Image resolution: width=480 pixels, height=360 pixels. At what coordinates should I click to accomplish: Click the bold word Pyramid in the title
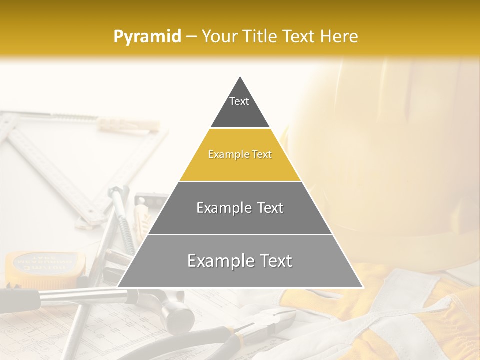(147, 36)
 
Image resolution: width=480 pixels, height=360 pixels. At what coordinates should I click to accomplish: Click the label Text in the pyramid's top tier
(239, 101)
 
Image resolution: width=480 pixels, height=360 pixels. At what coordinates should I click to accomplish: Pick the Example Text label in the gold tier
(240, 155)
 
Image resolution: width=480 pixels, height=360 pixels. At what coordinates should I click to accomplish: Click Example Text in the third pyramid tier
(240, 208)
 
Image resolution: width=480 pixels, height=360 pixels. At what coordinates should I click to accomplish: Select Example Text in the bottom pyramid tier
(240, 261)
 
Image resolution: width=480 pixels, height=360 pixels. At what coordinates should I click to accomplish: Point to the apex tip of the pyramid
(240, 77)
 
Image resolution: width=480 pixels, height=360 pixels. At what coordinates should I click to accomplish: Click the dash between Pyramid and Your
(191, 37)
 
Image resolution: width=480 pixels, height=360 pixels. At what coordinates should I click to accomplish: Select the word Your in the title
(219, 36)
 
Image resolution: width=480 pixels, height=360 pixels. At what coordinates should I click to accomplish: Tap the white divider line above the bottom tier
(240, 234)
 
